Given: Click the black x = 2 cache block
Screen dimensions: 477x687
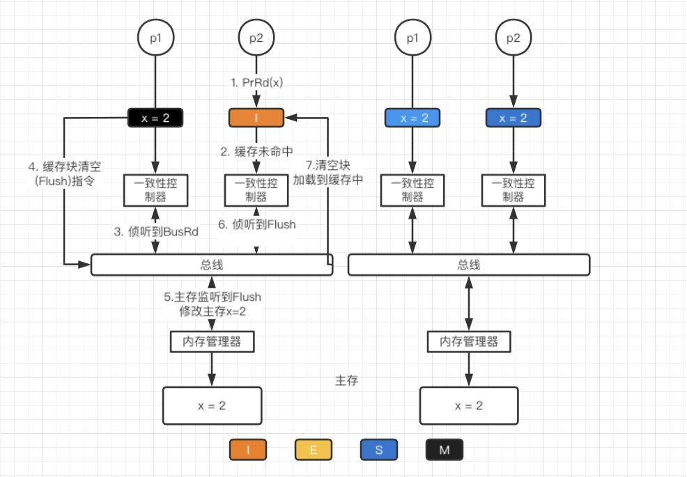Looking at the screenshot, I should click(x=155, y=118).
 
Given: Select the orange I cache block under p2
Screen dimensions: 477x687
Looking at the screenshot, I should click(x=256, y=118).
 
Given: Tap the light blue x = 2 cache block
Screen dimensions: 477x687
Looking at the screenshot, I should click(x=412, y=118).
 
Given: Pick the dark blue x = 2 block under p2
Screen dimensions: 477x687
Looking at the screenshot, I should click(x=514, y=118).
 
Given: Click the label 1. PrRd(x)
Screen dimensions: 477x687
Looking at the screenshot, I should click(x=256, y=83).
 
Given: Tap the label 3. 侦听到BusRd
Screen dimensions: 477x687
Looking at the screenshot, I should click(x=157, y=232).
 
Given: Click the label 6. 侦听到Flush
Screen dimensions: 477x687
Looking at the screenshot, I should click(x=257, y=224).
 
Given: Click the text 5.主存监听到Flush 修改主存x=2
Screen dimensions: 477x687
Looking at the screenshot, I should click(x=213, y=304).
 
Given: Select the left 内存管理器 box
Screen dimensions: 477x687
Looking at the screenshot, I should click(x=212, y=342).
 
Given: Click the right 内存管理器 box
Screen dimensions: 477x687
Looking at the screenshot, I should click(x=469, y=342).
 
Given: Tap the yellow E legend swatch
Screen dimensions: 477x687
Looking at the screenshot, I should click(x=314, y=450).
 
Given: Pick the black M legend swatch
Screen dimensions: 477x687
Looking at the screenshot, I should click(x=445, y=450).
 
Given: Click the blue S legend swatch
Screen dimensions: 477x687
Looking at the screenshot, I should click(x=379, y=450).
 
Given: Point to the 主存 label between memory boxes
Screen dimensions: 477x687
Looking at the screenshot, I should click(x=347, y=382).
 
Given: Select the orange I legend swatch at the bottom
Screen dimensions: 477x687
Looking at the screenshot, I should click(x=248, y=450).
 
